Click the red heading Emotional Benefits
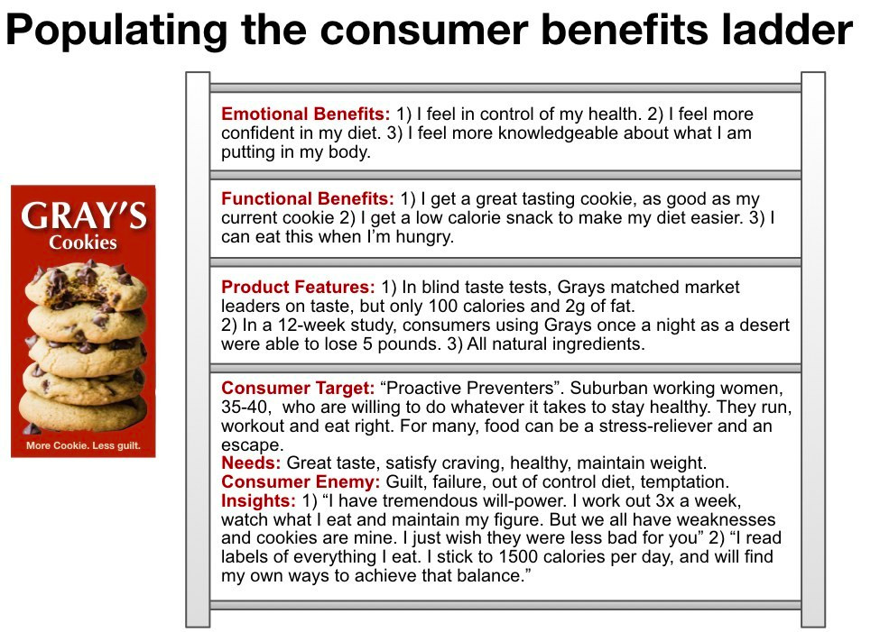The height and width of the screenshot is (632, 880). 305,114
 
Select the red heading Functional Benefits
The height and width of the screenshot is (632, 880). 308,198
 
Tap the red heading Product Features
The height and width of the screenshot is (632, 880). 298,287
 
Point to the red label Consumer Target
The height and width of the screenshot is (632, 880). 298,388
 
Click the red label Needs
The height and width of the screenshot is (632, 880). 251,463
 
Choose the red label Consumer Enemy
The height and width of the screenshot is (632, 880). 301,481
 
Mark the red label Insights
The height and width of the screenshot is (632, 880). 258,500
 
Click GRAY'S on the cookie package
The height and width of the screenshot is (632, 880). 84,215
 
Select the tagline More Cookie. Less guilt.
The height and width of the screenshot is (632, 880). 83,445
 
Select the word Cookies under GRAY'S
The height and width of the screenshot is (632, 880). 83,243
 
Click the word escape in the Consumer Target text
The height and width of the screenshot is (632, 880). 252,445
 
